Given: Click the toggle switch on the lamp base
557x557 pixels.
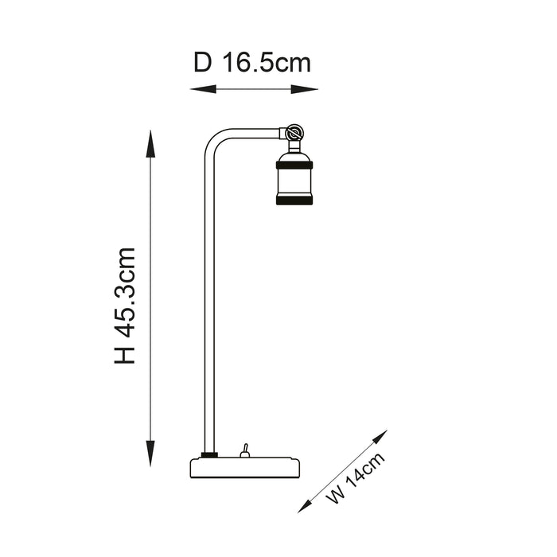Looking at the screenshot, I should [x=246, y=450].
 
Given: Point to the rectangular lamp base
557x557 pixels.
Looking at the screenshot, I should [x=246, y=467].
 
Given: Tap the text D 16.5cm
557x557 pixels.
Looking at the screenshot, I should [x=252, y=63].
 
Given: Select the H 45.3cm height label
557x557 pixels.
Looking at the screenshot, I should [x=125, y=306].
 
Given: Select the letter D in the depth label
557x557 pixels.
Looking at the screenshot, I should [x=203, y=63].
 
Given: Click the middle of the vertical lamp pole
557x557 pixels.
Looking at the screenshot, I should [x=210, y=302].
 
